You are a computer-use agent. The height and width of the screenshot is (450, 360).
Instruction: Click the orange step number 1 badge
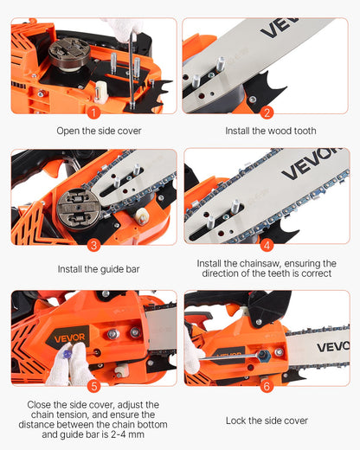pos(93,111)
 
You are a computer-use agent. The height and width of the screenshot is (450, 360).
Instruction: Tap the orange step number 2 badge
pos(267,111)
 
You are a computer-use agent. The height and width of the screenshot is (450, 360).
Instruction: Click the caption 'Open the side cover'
pos(99,132)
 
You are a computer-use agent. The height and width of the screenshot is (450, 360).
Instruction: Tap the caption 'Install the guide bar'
pos(99,269)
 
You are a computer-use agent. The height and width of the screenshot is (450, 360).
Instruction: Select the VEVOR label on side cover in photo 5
pos(67,336)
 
